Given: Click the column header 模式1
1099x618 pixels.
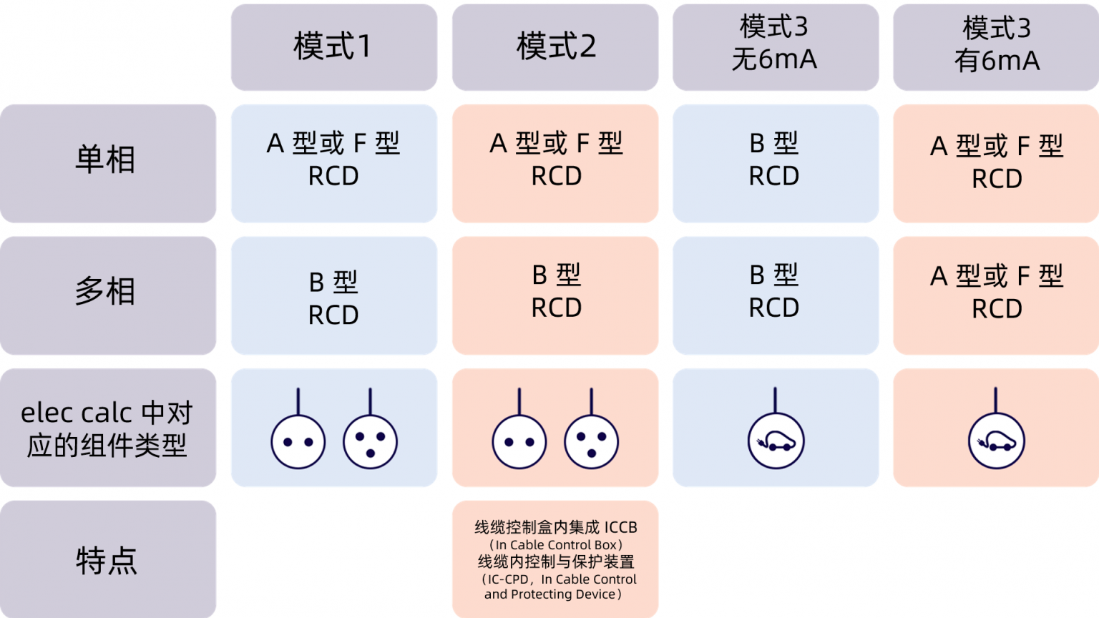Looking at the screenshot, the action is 333,47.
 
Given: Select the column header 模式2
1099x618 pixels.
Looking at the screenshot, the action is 555,47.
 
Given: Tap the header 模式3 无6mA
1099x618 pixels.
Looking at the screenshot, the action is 776,47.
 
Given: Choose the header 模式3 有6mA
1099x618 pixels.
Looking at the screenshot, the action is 996,47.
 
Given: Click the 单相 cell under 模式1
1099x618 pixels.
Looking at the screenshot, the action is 333,163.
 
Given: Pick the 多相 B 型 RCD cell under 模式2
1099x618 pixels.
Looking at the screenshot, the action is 555,295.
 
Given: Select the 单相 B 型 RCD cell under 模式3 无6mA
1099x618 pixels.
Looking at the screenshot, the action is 776,163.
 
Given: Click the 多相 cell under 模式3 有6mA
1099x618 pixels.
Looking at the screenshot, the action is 996,295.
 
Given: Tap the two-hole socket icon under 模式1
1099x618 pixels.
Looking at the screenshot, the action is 298,441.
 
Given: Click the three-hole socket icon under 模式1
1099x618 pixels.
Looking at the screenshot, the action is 371,441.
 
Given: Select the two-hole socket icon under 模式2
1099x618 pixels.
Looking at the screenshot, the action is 519,441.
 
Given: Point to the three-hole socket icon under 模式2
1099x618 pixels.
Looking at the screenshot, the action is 591,441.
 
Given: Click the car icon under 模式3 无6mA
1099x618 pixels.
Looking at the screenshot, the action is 776,441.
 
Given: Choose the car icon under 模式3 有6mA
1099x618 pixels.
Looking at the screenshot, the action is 996,441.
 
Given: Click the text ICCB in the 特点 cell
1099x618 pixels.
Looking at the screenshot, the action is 620,527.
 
